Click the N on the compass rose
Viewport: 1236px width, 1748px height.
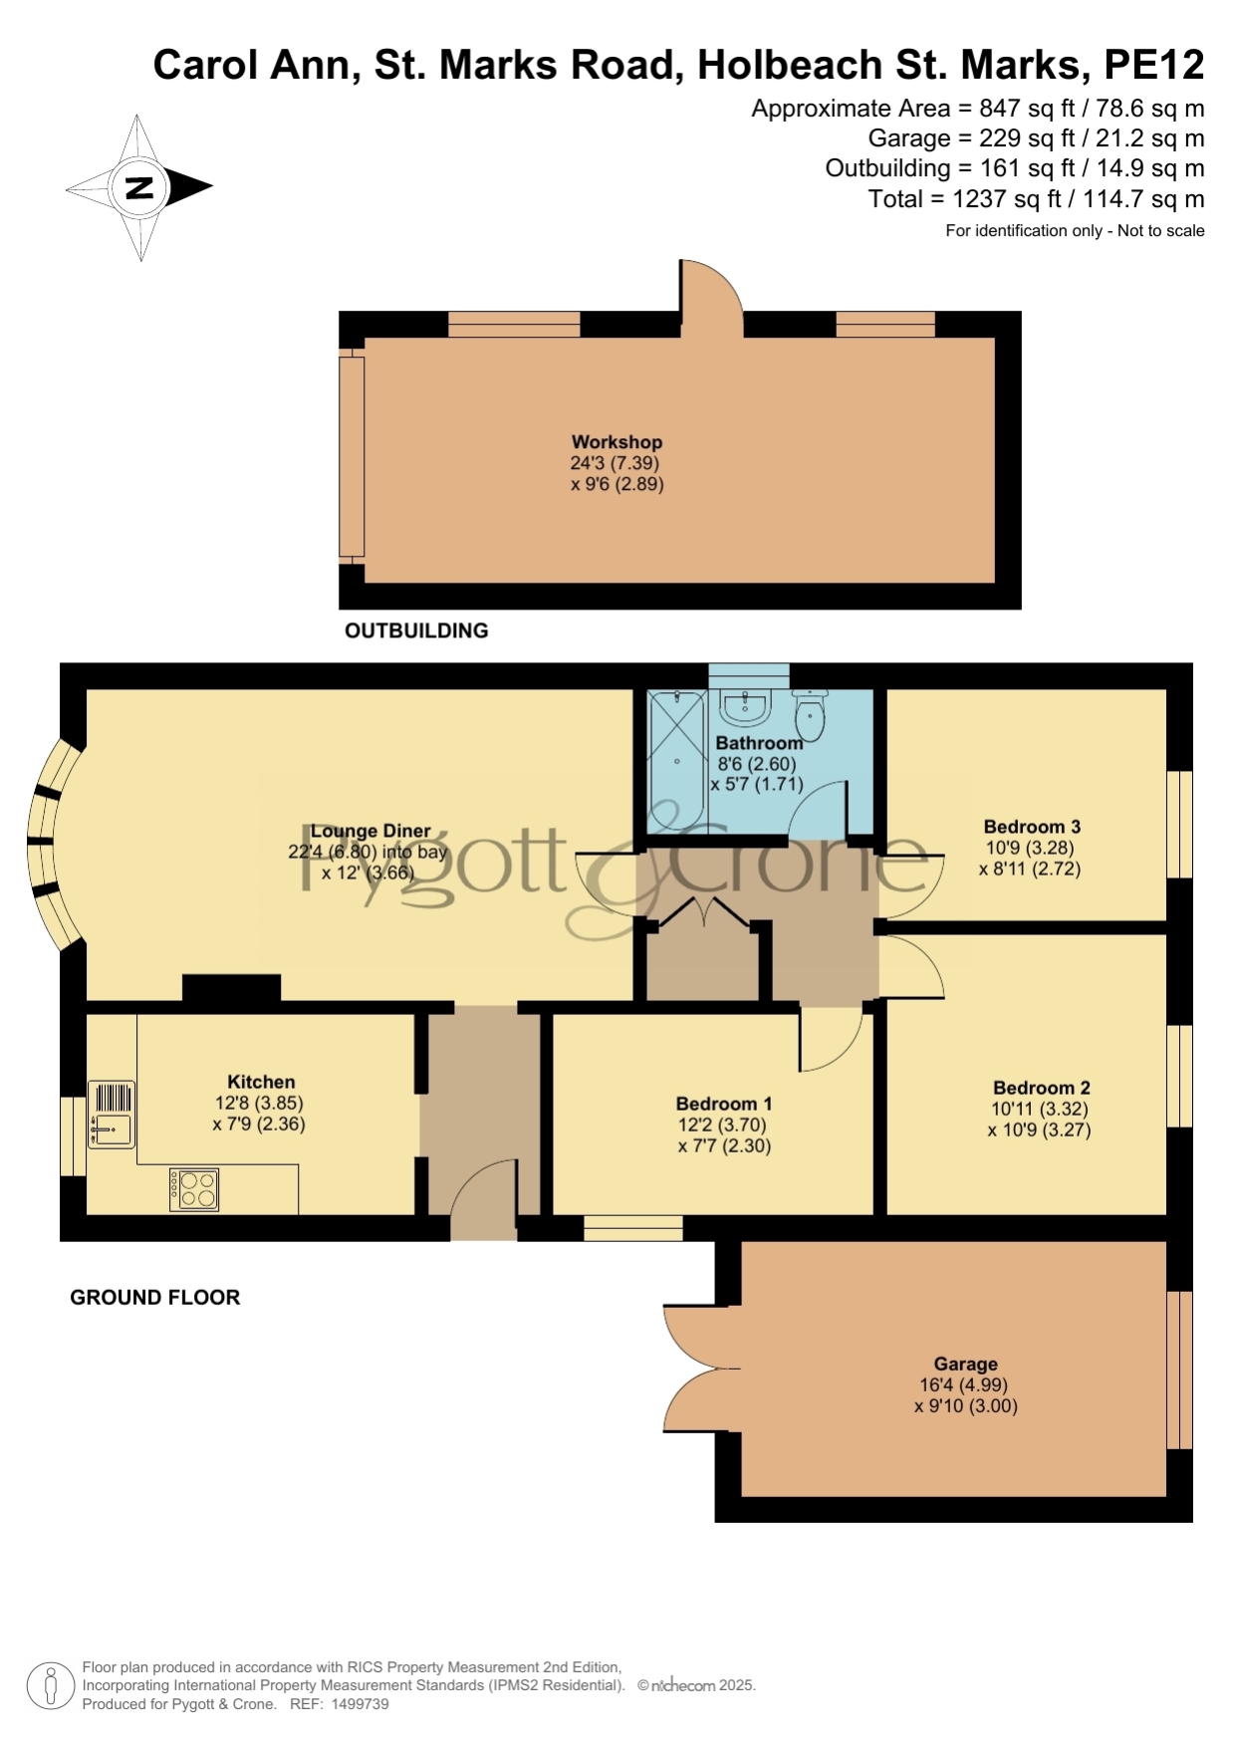(140, 187)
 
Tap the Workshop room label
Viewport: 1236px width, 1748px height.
(617, 442)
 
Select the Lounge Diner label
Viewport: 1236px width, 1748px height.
(371, 831)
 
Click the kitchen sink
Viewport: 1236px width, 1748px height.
(111, 1115)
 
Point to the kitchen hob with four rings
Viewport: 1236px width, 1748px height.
(194, 1189)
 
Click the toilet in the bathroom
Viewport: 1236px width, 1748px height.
(811, 715)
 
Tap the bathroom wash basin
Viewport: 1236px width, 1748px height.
(744, 707)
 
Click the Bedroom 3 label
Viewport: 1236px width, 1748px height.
(1032, 827)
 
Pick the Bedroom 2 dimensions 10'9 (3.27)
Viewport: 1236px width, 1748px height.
(1039, 1130)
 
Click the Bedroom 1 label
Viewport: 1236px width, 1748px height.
(724, 1104)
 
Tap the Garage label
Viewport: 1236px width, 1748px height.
(965, 1365)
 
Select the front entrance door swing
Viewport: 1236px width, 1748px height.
(482, 1184)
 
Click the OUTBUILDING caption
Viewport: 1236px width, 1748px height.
(416, 630)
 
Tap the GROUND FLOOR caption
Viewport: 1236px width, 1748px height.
(155, 1297)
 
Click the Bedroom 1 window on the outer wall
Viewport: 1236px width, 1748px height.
(633, 1228)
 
